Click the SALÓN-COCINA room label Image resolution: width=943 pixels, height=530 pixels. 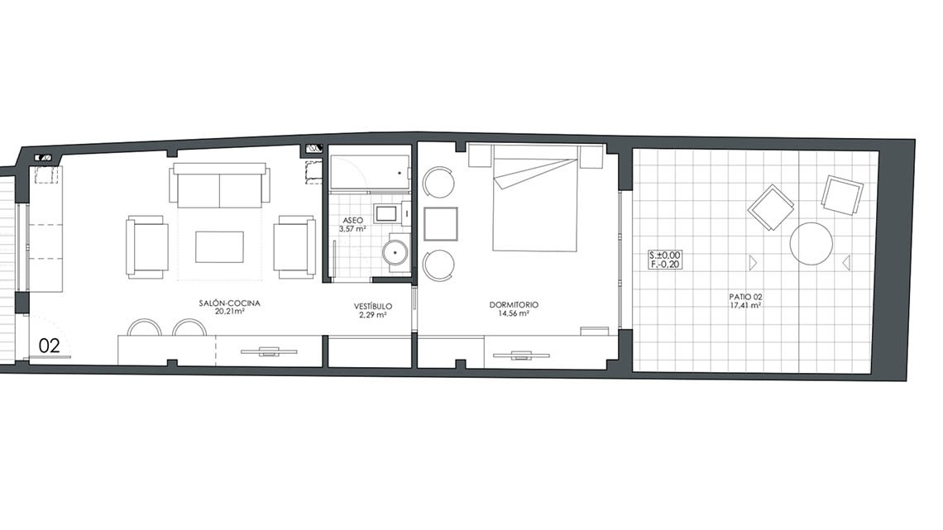pyautogui.click(x=230, y=303)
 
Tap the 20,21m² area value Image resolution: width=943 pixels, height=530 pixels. pyautogui.click(x=230, y=312)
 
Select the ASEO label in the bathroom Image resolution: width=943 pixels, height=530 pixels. pyautogui.click(x=353, y=221)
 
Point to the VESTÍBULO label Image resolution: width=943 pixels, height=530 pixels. pyautogui.click(x=373, y=307)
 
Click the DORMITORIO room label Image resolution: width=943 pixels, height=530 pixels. pyautogui.click(x=514, y=305)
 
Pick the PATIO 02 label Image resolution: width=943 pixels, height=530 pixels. pyautogui.click(x=746, y=297)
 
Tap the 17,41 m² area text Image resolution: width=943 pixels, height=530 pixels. pyautogui.click(x=746, y=305)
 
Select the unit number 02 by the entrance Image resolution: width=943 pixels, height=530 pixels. pyautogui.click(x=50, y=346)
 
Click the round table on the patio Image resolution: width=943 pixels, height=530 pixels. pyautogui.click(x=811, y=244)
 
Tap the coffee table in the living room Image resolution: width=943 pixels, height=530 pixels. pyautogui.click(x=219, y=247)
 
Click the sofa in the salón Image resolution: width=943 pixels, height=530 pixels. pyautogui.click(x=219, y=186)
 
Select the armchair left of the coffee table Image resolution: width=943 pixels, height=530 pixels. pyautogui.click(x=146, y=247)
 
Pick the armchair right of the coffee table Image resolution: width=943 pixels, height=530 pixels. pyautogui.click(x=294, y=247)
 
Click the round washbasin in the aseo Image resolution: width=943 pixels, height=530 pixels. pyautogui.click(x=395, y=252)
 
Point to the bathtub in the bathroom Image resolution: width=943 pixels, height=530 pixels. pyautogui.click(x=370, y=173)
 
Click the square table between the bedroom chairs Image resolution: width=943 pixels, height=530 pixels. pyautogui.click(x=441, y=223)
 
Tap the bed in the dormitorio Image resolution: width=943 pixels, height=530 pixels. pyautogui.click(x=535, y=198)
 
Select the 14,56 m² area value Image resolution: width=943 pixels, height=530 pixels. pyautogui.click(x=514, y=313)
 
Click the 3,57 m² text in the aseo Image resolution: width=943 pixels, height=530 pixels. pyautogui.click(x=353, y=229)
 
